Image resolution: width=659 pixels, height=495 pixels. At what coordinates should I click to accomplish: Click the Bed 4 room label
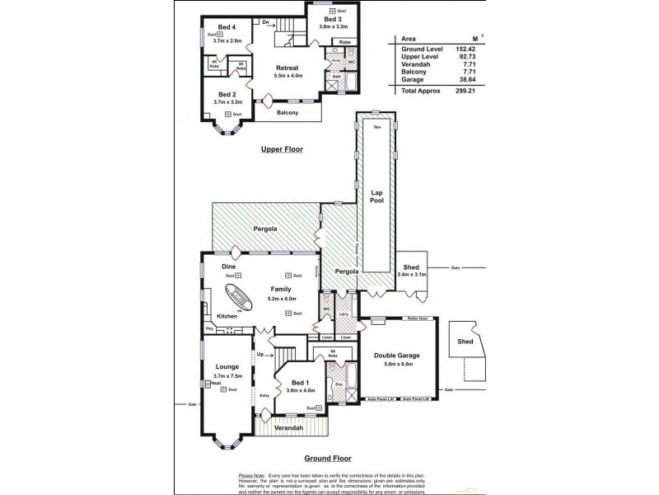(218, 26)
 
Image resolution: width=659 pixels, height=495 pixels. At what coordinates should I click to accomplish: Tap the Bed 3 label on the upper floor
(332, 18)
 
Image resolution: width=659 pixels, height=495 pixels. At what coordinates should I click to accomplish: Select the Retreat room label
(287, 68)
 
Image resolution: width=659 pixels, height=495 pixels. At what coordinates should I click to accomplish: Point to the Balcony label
(287, 112)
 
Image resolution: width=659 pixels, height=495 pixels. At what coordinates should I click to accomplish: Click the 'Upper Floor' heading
(282, 149)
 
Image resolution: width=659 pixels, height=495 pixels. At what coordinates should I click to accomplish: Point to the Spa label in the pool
(377, 129)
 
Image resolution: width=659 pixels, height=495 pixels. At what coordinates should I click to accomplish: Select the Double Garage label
(399, 356)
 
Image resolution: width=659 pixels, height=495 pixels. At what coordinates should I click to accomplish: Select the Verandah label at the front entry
(289, 428)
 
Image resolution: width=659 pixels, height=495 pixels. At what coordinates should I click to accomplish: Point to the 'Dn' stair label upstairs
(266, 22)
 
